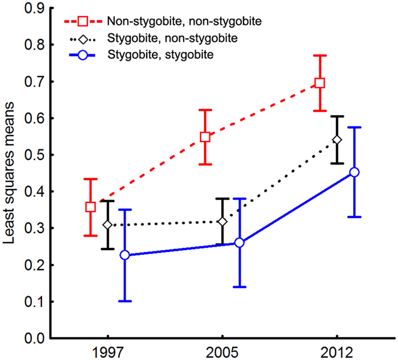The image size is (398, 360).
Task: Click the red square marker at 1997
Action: (91, 207)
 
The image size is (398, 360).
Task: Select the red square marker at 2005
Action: (205, 137)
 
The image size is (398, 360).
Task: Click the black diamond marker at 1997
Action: (108, 225)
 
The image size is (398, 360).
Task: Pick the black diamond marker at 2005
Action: (222, 221)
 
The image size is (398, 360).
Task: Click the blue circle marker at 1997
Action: (125, 255)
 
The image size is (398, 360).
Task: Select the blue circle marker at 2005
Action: (239, 243)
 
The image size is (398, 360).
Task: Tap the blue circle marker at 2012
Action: (354, 172)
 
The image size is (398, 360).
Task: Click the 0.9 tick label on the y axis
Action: (37, 8)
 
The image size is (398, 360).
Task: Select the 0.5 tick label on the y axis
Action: (37, 155)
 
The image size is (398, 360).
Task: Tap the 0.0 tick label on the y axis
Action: (37, 339)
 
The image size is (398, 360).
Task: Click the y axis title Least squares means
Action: (10, 174)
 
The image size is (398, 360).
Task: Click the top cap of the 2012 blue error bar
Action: (354, 127)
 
